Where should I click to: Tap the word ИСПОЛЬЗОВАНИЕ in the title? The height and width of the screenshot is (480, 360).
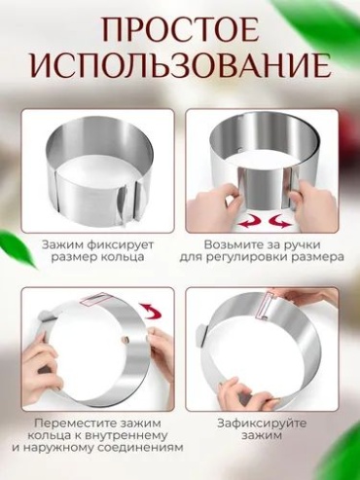click(181, 66)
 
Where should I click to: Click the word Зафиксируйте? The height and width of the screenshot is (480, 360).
click(262, 424)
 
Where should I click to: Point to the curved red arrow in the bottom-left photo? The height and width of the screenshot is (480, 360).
click(151, 311)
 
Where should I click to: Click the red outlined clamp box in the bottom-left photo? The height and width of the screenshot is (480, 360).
click(96, 299)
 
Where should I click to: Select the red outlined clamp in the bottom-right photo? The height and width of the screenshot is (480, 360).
click(265, 305)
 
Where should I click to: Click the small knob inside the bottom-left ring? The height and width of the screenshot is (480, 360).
click(126, 340)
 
